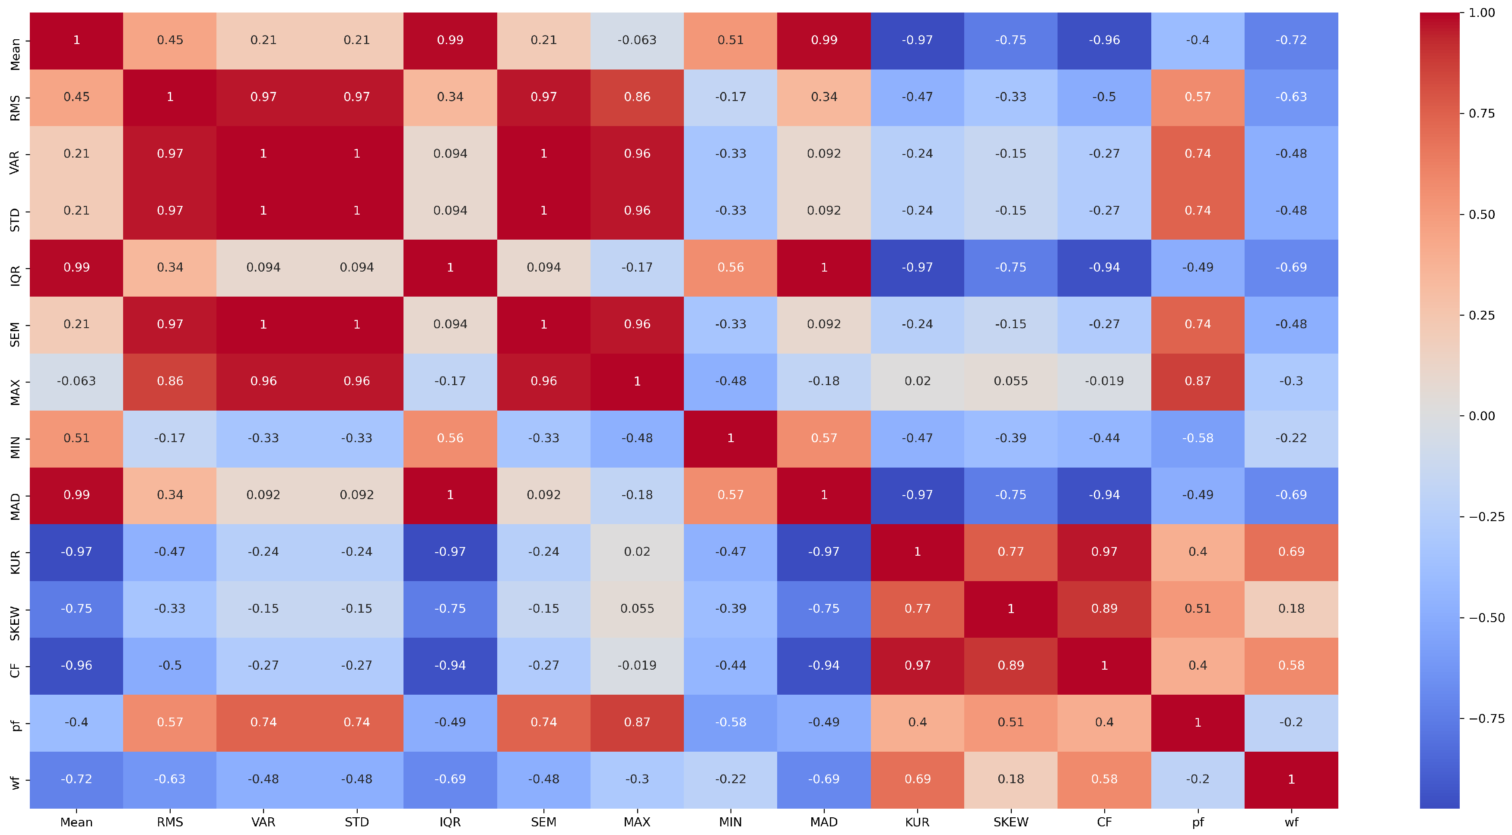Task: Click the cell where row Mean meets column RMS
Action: coord(170,40)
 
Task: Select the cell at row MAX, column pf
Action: coord(1198,381)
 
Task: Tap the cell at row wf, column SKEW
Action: coord(1011,779)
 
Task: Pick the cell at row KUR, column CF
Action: coord(1104,552)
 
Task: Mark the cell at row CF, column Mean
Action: coord(76,665)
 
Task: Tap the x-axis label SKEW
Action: coord(1011,822)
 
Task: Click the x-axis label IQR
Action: coord(450,822)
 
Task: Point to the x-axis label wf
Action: coord(1291,822)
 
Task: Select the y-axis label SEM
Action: coord(15,335)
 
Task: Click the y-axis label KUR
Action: coord(15,562)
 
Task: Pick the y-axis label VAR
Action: coord(15,162)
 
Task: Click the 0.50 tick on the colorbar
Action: coord(1461,214)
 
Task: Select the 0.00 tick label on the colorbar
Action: coord(1481,416)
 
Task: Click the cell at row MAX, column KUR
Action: coord(918,381)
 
